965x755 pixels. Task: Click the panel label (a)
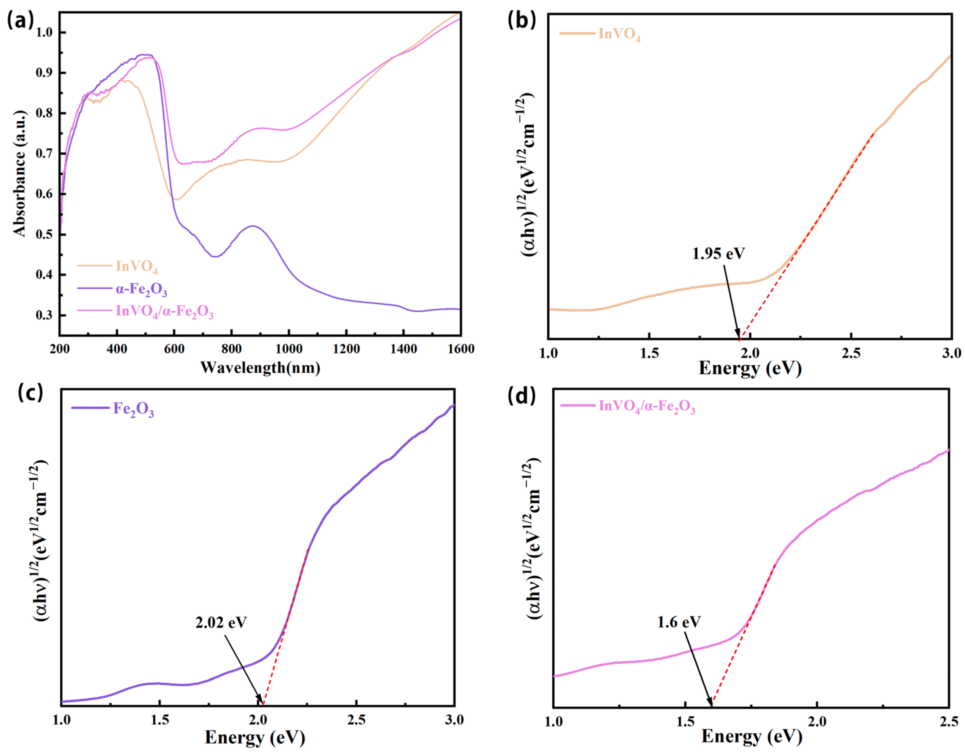(20, 21)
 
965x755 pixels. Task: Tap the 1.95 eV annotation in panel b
(718, 254)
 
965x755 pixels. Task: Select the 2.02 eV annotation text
(221, 622)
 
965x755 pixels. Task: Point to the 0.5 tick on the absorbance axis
(44, 234)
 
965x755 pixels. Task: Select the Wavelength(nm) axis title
(260, 367)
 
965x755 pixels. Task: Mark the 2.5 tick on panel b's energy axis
(851, 353)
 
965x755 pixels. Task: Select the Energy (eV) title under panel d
(751, 737)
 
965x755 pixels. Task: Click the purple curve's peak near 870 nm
(253, 226)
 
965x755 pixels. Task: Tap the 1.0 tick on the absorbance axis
(44, 33)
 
